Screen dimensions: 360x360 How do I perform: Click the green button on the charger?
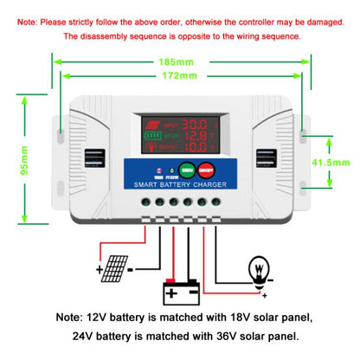[x=186, y=170]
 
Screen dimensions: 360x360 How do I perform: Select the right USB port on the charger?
[x=264, y=162]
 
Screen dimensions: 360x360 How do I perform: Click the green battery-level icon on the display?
[x=152, y=136]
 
